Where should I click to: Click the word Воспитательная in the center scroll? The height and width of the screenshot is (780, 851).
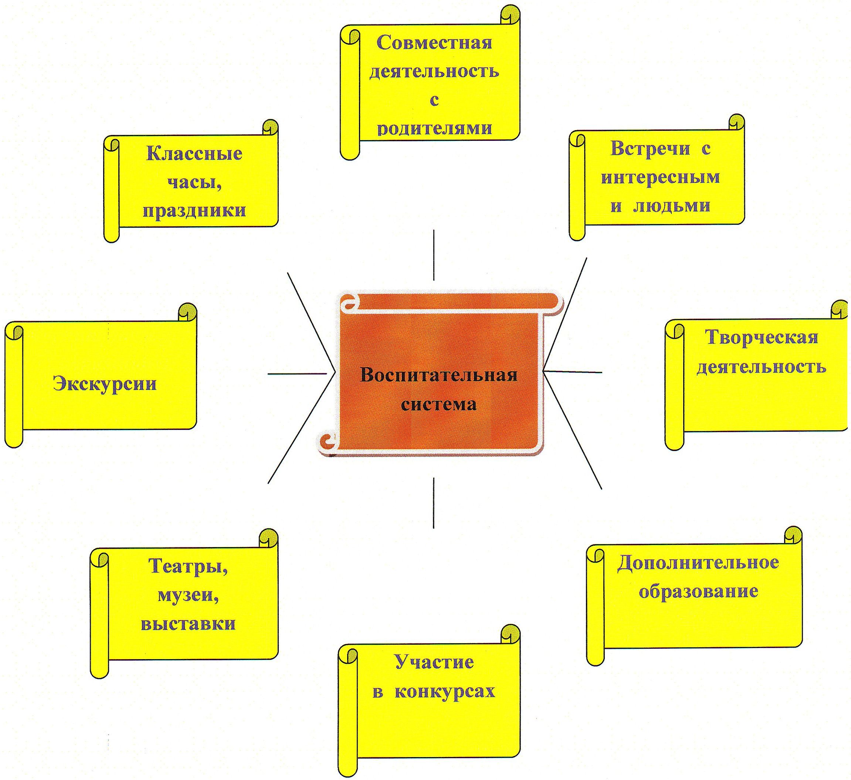click(438, 375)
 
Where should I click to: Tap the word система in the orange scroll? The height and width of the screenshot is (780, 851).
click(438, 404)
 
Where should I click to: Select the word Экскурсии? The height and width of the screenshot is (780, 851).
click(105, 384)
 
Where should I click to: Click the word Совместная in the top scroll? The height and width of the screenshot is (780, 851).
click(434, 43)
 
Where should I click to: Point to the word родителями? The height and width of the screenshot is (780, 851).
click(434, 128)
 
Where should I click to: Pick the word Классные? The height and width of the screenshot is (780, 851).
click(194, 153)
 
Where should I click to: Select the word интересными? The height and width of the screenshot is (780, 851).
click(660, 177)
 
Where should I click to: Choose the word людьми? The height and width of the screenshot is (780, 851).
click(672, 206)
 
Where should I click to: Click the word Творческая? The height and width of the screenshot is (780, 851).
click(762, 337)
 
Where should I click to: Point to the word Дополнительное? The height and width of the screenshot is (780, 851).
click(698, 563)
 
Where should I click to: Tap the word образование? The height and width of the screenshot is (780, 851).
click(699, 591)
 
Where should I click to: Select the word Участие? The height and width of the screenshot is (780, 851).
click(434, 662)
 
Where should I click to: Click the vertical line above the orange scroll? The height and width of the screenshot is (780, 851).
click(434, 255)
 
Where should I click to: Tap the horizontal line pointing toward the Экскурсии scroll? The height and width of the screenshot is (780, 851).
click(297, 373)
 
